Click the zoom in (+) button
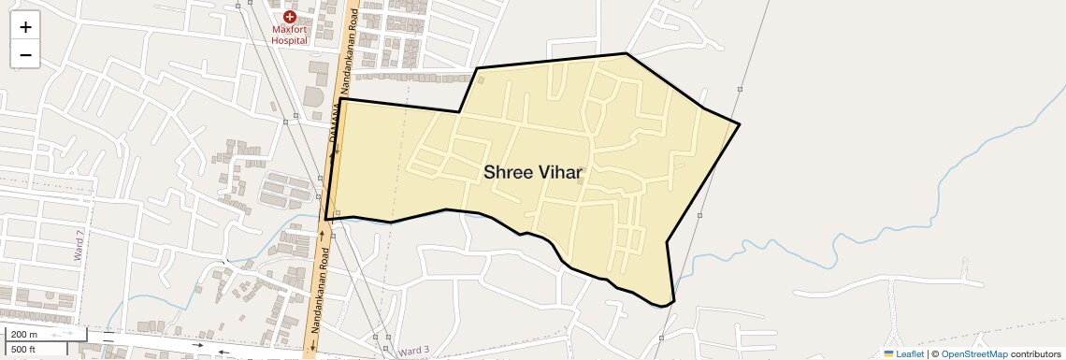pos(25,27)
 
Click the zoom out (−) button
pos(25,55)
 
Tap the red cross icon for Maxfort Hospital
pos(290,16)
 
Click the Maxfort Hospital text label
pos(290,35)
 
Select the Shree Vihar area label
pos(533,173)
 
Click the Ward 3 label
pos(412,351)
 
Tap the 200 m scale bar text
pos(24,335)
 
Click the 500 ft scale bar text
pos(24,349)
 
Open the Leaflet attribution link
pos(909,353)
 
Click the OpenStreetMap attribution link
pos(973,353)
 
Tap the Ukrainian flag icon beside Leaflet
pos(888,353)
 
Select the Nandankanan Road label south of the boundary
pos(318,291)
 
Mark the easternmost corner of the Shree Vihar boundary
pos(740,124)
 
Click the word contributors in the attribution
pos(1035,353)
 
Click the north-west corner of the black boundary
pos(340,99)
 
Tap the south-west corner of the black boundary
pos(325,220)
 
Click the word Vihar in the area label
pos(559,173)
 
